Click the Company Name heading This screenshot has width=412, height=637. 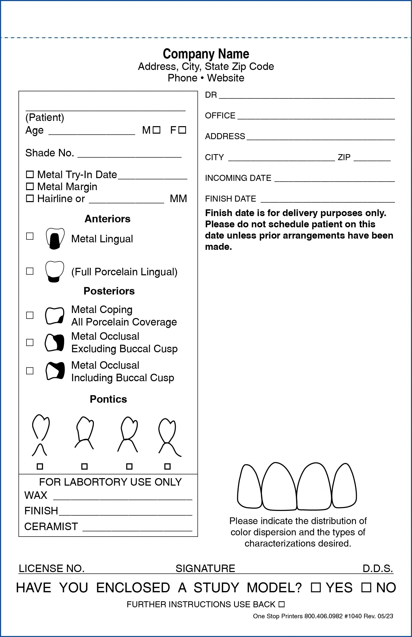206,54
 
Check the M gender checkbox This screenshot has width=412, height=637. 157,130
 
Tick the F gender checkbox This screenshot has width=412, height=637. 183,130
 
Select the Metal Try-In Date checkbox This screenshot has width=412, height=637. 30,175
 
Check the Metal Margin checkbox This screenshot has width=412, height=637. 30,186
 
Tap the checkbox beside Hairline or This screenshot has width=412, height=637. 30,198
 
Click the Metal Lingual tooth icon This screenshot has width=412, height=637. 55,239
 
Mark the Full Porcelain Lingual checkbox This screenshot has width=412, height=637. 30,271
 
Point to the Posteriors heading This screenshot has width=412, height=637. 109,291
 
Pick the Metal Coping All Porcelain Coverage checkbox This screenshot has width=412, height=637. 30,315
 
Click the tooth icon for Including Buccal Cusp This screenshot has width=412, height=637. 55,371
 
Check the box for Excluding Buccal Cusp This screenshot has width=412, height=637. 30,342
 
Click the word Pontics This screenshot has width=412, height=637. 108,399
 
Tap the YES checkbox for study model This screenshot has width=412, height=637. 316,588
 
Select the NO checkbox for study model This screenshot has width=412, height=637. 366,588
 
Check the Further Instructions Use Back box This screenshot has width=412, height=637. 281,604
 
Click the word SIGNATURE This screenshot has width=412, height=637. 205,569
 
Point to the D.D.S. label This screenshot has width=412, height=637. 378,569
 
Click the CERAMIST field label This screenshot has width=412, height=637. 51,527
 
